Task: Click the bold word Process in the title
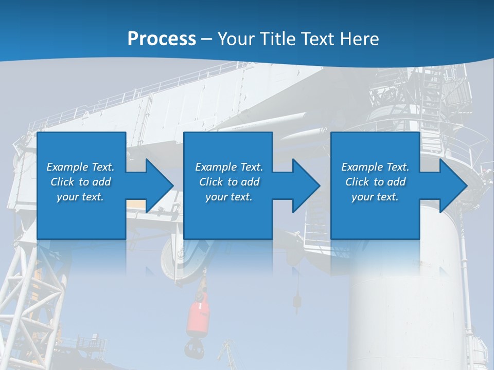point(162,39)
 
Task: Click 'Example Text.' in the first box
point(80,167)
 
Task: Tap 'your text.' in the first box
point(80,197)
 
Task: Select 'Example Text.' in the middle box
point(229,167)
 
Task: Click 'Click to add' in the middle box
point(229,182)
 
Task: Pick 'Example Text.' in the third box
point(375,167)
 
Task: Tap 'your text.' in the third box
point(375,197)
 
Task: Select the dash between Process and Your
point(207,40)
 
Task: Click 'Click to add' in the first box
point(80,182)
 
